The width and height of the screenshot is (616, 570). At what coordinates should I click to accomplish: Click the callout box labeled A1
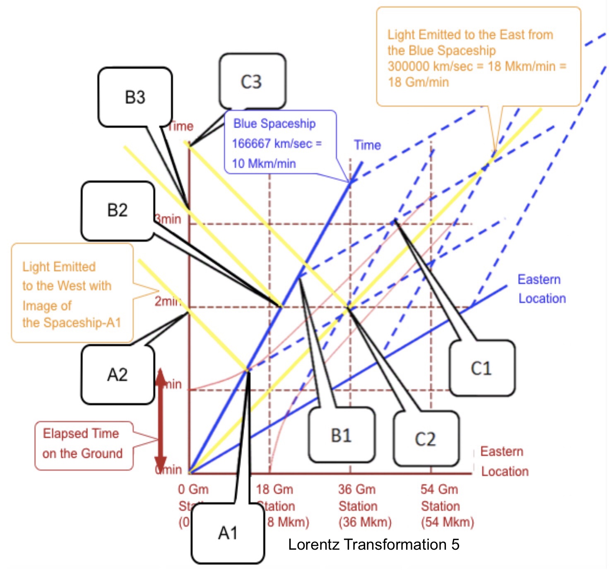(228, 533)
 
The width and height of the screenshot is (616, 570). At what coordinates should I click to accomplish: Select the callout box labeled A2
(118, 375)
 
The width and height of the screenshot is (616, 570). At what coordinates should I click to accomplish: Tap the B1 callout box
(342, 435)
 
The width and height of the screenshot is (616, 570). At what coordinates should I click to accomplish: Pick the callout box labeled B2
(118, 211)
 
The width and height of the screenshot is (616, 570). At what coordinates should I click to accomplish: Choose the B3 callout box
(135, 97)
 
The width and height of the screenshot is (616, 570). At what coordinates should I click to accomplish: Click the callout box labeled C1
(481, 368)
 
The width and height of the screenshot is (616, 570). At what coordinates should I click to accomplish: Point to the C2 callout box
(426, 439)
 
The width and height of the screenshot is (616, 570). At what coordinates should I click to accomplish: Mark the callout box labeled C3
(252, 82)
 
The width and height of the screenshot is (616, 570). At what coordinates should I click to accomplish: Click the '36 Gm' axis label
(357, 490)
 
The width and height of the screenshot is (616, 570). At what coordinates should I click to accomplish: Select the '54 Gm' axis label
(439, 490)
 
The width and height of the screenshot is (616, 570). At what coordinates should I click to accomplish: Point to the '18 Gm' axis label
(274, 490)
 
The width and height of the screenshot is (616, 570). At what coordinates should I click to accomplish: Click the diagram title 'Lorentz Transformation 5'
(373, 544)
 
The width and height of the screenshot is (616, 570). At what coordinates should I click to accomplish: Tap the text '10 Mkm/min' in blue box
(264, 163)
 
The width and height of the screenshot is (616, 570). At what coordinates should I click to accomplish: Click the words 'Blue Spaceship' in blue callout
(274, 124)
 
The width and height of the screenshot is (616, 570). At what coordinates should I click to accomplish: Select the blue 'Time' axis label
(367, 145)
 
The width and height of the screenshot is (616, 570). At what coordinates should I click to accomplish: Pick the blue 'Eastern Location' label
(541, 289)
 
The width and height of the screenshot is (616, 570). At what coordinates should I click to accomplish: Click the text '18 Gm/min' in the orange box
(419, 82)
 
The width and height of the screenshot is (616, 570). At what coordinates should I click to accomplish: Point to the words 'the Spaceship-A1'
(72, 323)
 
